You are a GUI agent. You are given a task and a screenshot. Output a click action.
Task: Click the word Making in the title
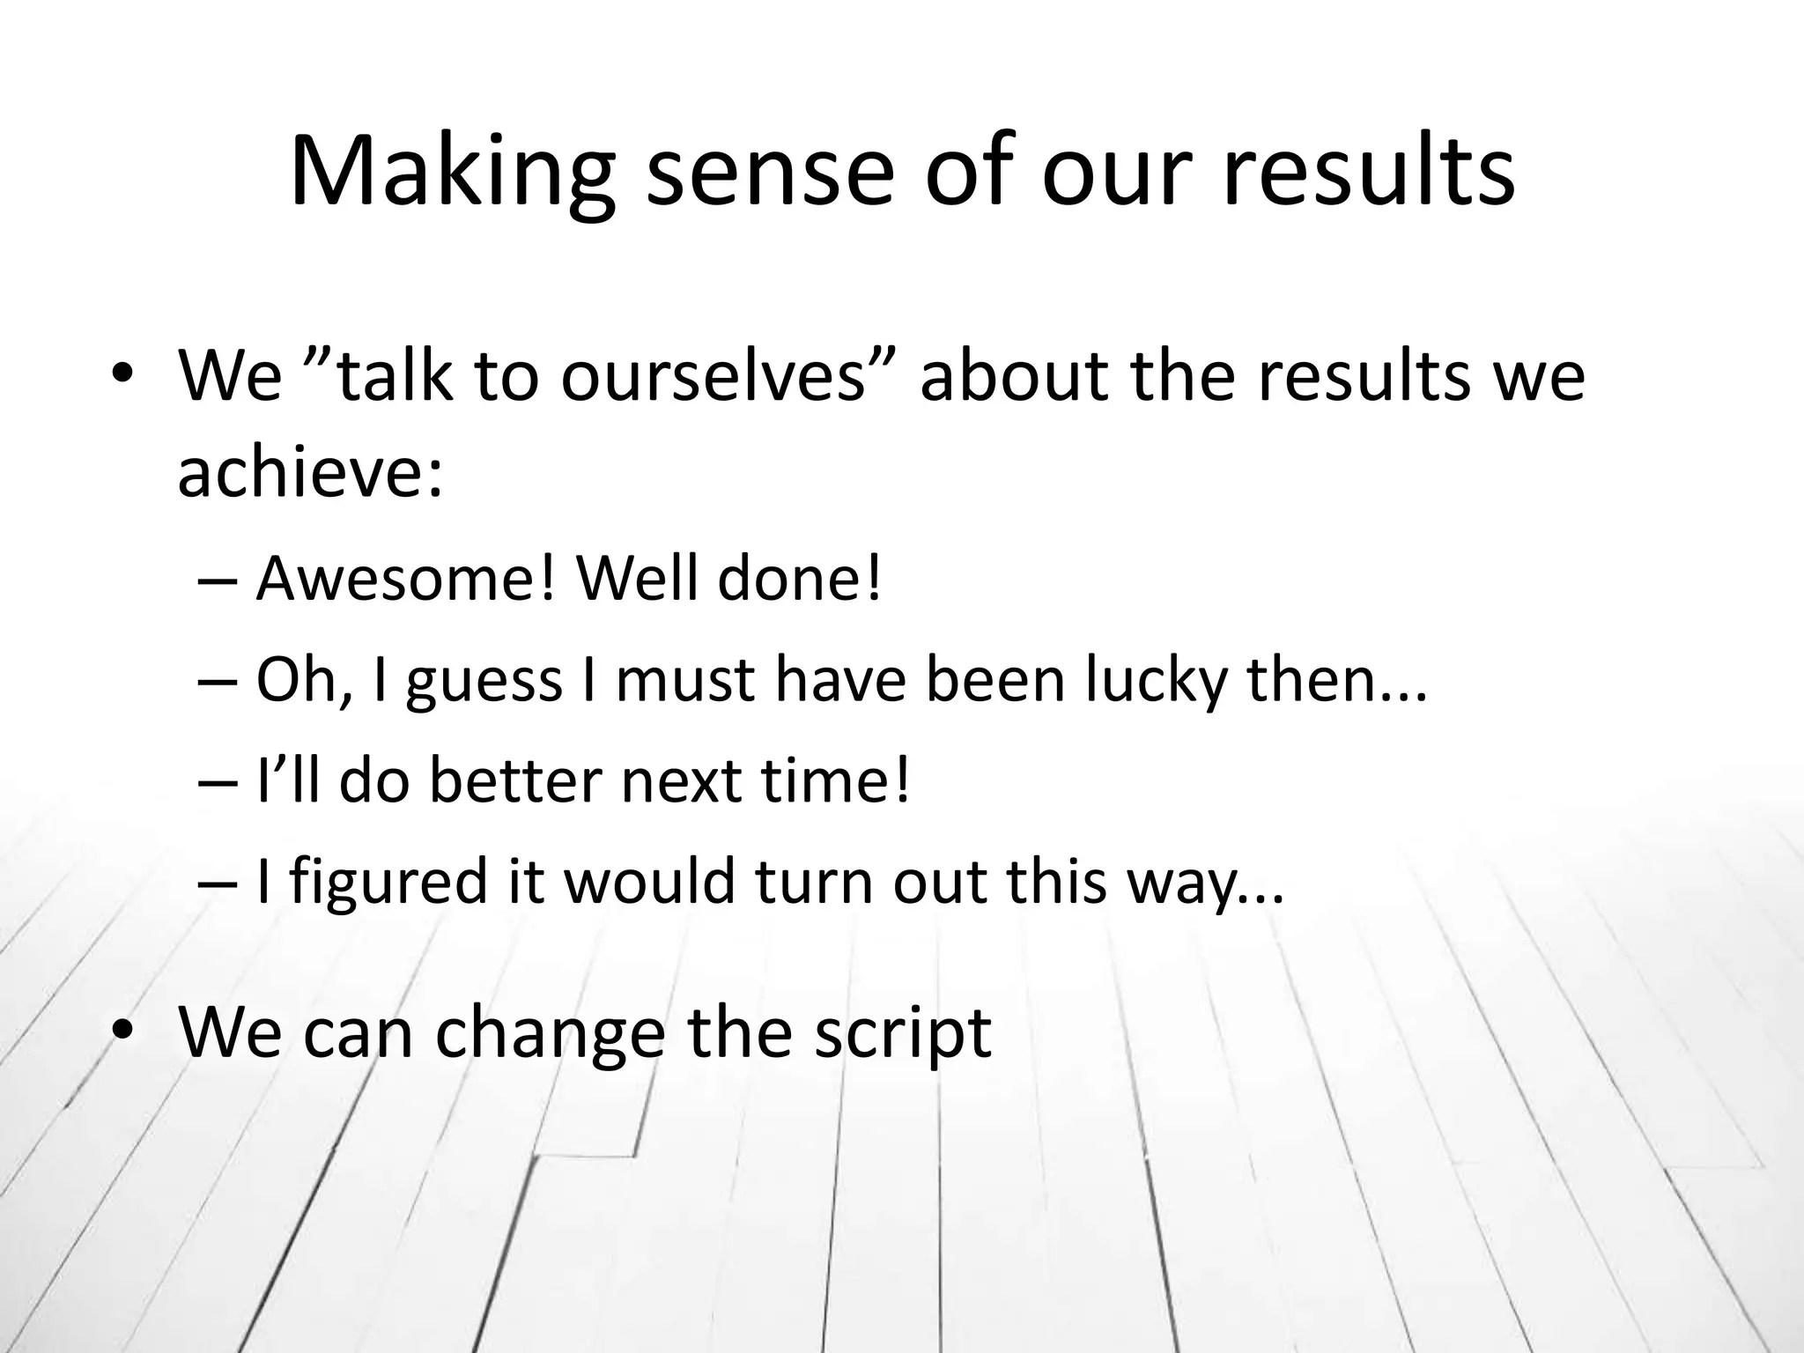pyautogui.click(x=451, y=172)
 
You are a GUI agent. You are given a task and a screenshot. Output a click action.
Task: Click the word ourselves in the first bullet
pyautogui.click(x=713, y=377)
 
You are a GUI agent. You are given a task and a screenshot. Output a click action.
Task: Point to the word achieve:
pyautogui.click(x=309, y=473)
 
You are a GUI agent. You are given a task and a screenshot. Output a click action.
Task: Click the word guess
pyautogui.click(x=484, y=681)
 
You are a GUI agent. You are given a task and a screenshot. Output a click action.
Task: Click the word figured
pyautogui.click(x=388, y=883)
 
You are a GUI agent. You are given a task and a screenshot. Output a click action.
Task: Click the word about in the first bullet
pyautogui.click(x=1014, y=377)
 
